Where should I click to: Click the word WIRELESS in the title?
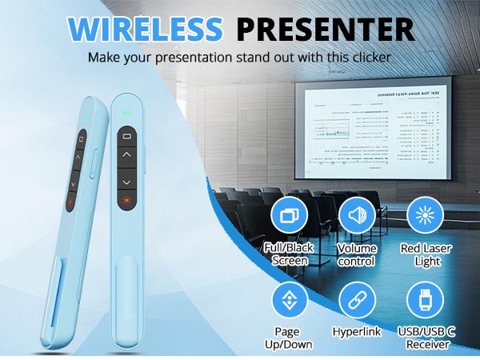point(146,28)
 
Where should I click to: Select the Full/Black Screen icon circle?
point(290,214)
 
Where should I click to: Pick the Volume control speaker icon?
point(357,214)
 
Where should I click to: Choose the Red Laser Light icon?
point(425,214)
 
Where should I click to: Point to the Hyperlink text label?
point(357,330)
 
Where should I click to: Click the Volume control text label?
point(357,255)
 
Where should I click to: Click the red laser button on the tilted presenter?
point(71,202)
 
